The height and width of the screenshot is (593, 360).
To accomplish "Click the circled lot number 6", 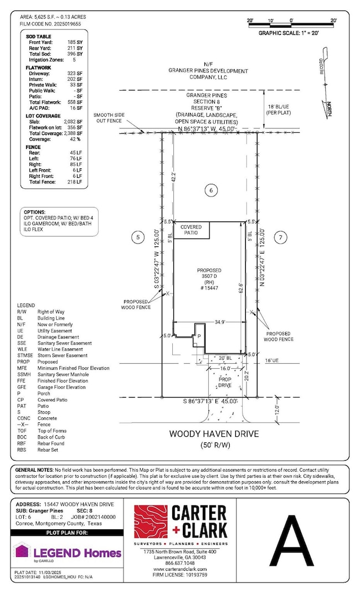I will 210,190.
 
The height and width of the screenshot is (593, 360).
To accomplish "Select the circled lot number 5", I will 139,238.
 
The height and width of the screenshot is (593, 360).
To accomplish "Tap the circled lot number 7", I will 280,238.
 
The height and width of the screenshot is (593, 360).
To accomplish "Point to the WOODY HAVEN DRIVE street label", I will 214,434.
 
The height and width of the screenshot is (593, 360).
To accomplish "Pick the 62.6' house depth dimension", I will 239,288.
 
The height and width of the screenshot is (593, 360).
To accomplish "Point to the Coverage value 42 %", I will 75,139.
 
